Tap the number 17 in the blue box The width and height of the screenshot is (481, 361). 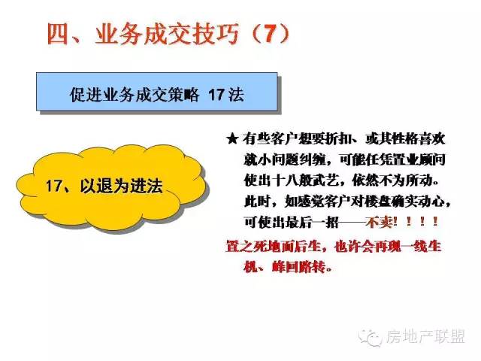[216, 95]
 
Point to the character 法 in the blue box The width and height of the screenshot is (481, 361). [236, 95]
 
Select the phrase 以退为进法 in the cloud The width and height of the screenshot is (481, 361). [122, 186]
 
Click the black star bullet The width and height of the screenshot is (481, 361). [232, 139]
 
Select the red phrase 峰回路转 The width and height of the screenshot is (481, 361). [298, 267]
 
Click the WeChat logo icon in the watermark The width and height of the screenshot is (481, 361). [371, 338]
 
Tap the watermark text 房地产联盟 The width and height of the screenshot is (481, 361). [426, 337]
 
